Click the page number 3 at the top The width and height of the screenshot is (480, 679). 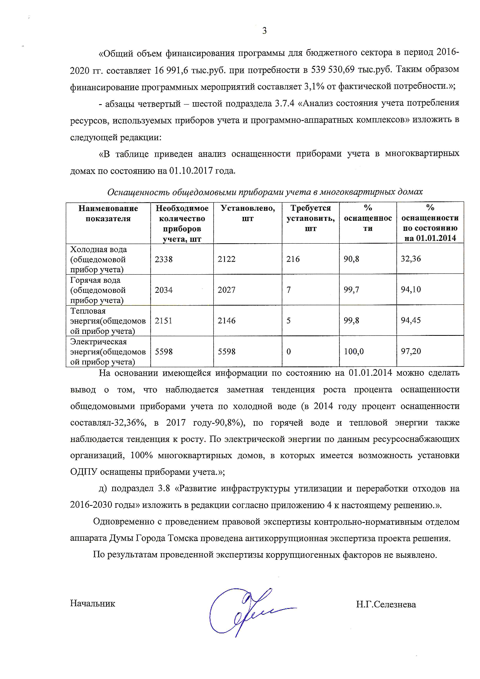264,31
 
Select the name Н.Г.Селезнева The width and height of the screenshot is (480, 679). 386,604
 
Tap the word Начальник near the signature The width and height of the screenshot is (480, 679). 93,603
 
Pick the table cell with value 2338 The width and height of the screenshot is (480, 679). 164,259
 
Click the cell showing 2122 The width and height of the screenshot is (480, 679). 226,259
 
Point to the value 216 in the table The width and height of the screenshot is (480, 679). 293,259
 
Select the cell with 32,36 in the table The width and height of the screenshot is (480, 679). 411,259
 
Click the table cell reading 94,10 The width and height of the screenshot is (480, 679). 411,289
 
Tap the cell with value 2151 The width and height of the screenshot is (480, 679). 164,321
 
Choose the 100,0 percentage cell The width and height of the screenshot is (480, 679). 354,352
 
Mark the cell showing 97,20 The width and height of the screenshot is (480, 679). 411,351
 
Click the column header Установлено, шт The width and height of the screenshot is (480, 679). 248,213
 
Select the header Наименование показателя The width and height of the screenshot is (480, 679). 108,213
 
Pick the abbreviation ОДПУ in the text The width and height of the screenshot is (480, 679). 84,472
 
